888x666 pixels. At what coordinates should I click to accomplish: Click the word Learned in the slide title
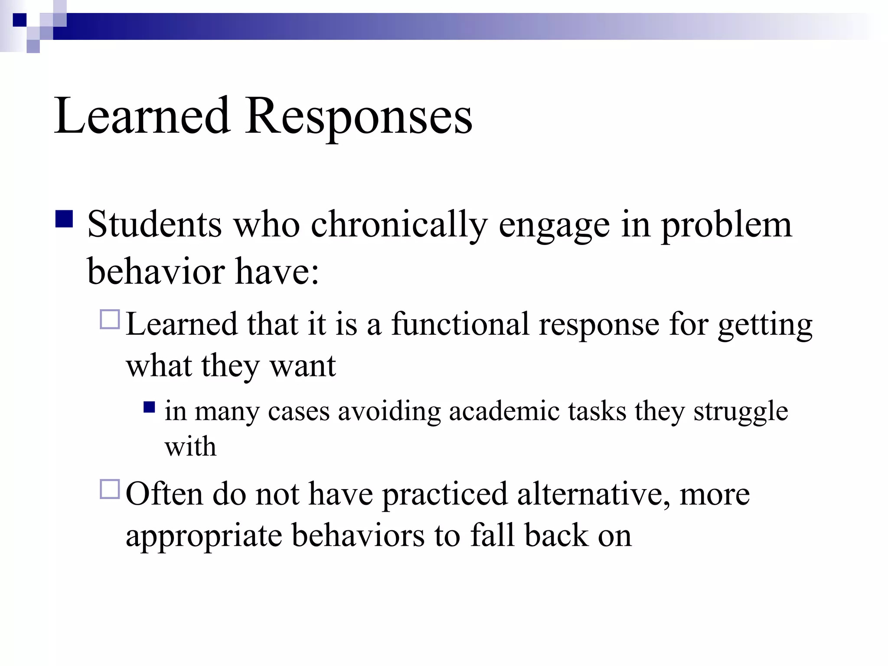[142, 116]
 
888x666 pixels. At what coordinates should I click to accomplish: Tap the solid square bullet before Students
[64, 219]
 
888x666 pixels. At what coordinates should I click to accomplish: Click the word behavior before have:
[156, 271]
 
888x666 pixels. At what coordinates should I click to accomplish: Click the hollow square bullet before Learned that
[110, 320]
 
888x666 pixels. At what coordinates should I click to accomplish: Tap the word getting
[765, 325]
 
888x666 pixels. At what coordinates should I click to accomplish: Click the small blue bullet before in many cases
[149, 407]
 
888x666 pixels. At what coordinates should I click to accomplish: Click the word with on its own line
[190, 446]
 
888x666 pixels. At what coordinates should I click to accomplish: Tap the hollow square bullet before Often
[110, 489]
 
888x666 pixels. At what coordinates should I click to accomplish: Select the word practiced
[444, 494]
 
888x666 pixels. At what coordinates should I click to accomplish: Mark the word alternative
[593, 494]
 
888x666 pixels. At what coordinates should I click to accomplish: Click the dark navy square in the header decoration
[19, 20]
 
